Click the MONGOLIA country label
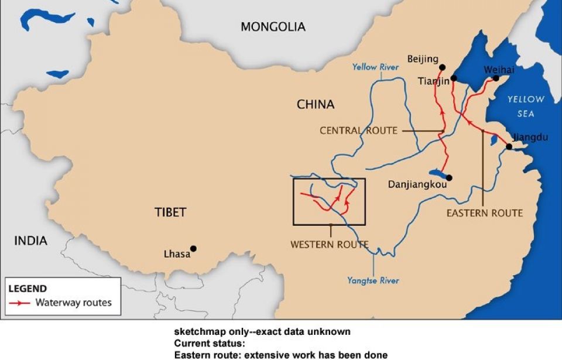pos(273,27)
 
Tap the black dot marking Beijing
pos(442,67)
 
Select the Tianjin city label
pos(434,81)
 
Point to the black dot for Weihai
pos(496,78)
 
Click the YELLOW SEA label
pos(525,106)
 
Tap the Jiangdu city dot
pos(509,146)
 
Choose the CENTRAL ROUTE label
pos(358,131)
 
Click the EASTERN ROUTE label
pos(484,213)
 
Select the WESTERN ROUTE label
pos(329,245)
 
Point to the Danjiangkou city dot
pos(449,177)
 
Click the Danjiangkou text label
pos(417,184)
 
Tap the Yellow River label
pos(375,67)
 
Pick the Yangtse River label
pos(373,280)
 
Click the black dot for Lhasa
pos(193,249)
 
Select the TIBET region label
pos(170,212)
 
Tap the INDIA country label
pos(31,241)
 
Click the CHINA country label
pos(316,105)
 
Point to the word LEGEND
pos(28,289)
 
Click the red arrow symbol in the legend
pos(20,303)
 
